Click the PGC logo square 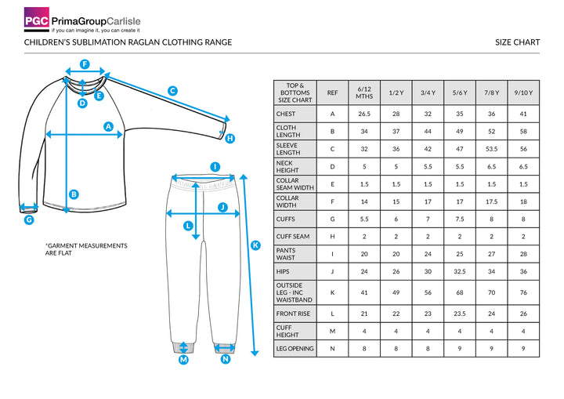pyautogui.click(x=36, y=19)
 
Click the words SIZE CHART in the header pyautogui.click(x=518, y=42)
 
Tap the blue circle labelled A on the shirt pyautogui.click(x=109, y=126)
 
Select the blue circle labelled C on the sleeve pyautogui.click(x=172, y=90)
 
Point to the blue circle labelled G pyautogui.click(x=29, y=220)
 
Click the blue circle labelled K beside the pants pyautogui.click(x=255, y=245)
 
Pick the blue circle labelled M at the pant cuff pyautogui.click(x=184, y=360)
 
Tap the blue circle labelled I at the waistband pyautogui.click(x=215, y=166)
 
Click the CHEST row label pyautogui.click(x=286, y=114)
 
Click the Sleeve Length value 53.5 pyautogui.click(x=492, y=148)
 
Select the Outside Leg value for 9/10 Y pyautogui.click(x=522, y=292)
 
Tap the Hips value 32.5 pyautogui.click(x=460, y=271)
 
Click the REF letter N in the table pyautogui.click(x=332, y=348)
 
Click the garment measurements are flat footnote pyautogui.click(x=86, y=249)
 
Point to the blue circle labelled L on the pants pyautogui.click(x=188, y=226)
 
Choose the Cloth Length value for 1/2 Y pyautogui.click(x=396, y=131)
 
